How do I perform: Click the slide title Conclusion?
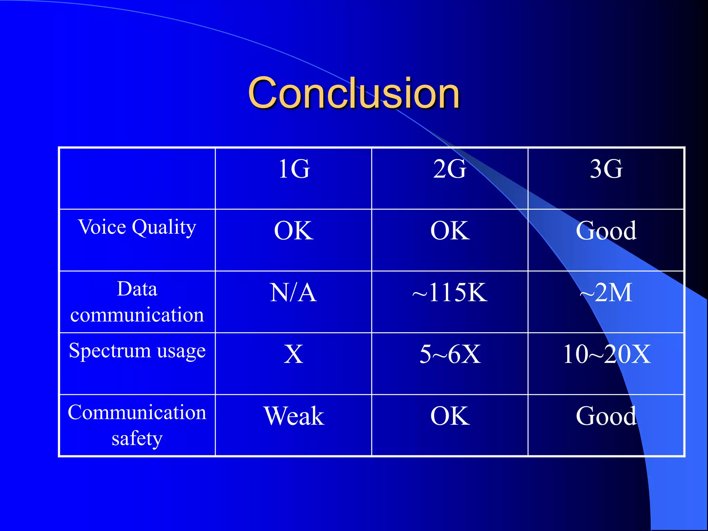click(x=354, y=93)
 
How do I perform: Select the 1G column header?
click(x=294, y=169)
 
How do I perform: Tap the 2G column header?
click(x=450, y=169)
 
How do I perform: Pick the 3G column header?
click(x=606, y=169)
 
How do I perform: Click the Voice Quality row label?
click(x=137, y=227)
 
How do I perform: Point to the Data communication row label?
click(x=137, y=301)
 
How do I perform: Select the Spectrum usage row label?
click(x=137, y=351)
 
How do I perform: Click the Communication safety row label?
click(x=137, y=425)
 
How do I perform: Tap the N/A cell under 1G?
click(x=293, y=293)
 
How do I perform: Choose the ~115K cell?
click(x=450, y=293)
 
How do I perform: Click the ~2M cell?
click(x=606, y=293)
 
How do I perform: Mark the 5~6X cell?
click(x=450, y=354)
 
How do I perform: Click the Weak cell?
click(x=294, y=416)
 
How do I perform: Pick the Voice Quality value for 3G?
click(x=606, y=231)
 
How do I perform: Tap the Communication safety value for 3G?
click(x=606, y=416)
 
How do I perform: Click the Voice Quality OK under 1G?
click(x=294, y=231)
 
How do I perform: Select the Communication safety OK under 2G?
click(x=450, y=416)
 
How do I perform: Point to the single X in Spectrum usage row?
click(x=294, y=354)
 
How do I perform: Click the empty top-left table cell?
click(x=137, y=178)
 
